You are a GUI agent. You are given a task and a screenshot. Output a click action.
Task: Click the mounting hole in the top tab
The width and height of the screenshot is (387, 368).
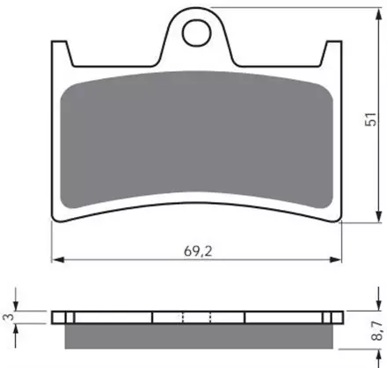[x=197, y=32]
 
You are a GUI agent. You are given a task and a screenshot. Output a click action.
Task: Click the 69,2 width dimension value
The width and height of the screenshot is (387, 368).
[x=198, y=251]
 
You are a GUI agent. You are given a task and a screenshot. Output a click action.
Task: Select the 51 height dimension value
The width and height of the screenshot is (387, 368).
[x=370, y=119]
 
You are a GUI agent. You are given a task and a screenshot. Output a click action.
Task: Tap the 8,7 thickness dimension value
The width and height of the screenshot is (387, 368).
[x=377, y=331]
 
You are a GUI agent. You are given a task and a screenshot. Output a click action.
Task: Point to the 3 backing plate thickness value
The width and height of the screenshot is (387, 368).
[x=10, y=317]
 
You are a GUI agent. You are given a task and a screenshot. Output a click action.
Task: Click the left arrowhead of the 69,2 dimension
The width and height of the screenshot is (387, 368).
[x=57, y=260]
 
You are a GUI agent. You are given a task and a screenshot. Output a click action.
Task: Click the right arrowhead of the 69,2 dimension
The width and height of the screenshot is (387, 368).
[x=335, y=260]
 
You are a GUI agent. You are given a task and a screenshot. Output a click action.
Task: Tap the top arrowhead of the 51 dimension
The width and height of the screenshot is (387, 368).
[x=379, y=14]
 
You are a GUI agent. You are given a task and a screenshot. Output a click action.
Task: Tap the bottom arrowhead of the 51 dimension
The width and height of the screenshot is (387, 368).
[x=379, y=216]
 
